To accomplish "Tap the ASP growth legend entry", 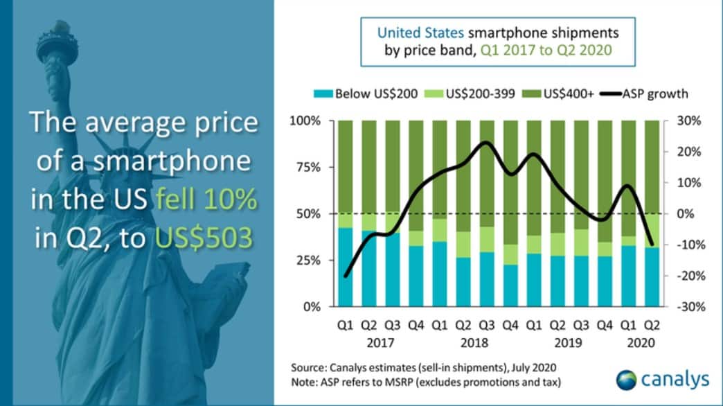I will pos(651,94).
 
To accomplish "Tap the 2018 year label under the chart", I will pos(474,342).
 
